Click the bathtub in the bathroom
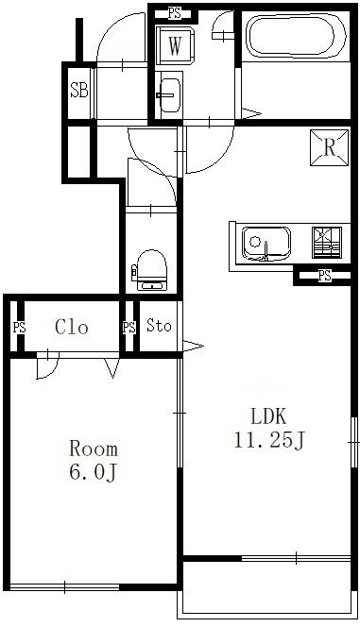click(296, 37)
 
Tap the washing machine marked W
click(175, 45)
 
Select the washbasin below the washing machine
click(170, 95)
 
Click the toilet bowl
click(151, 270)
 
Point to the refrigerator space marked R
click(329, 147)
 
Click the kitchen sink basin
click(266, 244)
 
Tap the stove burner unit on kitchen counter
click(326, 243)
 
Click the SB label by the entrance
click(78, 90)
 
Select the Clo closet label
click(71, 327)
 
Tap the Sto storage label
click(159, 326)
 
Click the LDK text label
click(268, 416)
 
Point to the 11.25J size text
click(269, 441)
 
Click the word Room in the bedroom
click(94, 449)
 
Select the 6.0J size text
click(93, 472)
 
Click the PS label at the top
click(175, 14)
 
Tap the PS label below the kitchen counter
click(325, 276)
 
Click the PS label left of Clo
click(19, 328)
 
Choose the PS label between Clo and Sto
click(129, 328)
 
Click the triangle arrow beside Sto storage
click(193, 346)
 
